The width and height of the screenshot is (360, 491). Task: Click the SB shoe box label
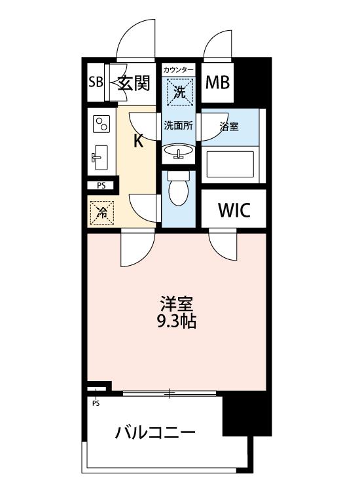click(x=96, y=82)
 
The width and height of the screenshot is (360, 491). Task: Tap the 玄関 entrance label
click(x=134, y=82)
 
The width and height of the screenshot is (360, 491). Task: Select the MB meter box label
click(x=217, y=82)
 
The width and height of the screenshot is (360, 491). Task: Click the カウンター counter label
click(x=179, y=69)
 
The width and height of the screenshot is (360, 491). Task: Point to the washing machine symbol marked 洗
click(x=180, y=92)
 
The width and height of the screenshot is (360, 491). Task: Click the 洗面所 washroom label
click(x=179, y=126)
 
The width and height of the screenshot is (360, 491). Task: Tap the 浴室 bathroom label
click(x=229, y=126)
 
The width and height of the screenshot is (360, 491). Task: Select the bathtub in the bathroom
click(x=230, y=164)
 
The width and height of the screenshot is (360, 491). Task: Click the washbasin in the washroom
click(x=178, y=152)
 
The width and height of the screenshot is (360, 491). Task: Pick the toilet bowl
click(x=179, y=189)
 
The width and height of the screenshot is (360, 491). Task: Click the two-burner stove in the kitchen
click(x=101, y=124)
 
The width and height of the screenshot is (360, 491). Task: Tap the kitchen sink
click(x=100, y=158)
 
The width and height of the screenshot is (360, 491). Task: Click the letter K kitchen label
click(x=138, y=141)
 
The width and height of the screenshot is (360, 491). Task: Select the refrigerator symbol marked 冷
click(x=102, y=213)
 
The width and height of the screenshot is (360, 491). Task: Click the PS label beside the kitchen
click(x=101, y=186)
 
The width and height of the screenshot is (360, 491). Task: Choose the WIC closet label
click(x=234, y=210)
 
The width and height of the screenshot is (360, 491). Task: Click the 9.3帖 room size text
click(x=177, y=321)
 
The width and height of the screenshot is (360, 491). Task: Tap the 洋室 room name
click(x=177, y=303)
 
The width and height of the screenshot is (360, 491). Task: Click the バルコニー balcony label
click(x=155, y=433)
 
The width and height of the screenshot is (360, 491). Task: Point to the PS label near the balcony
click(x=96, y=403)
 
